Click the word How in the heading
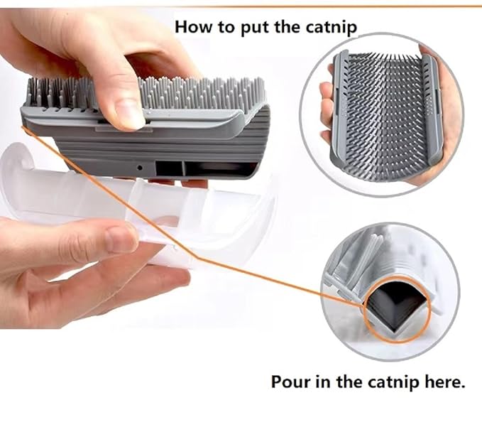click(192, 27)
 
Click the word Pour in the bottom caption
click(290, 382)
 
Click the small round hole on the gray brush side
click(140, 168)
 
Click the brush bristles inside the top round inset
click(384, 114)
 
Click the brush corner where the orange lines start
click(27, 128)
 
